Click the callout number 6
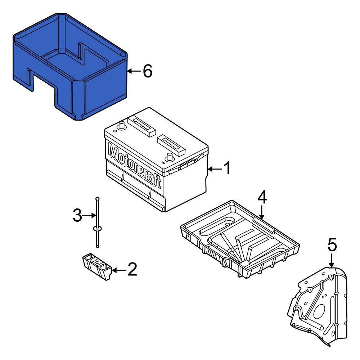click(x=147, y=71)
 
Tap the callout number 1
click(x=227, y=168)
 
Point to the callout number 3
click(x=77, y=215)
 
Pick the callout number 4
click(x=262, y=197)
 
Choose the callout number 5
click(x=332, y=245)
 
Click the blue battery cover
click(x=70, y=67)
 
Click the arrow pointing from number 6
click(x=134, y=71)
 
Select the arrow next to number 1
click(x=215, y=170)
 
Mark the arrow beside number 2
click(x=119, y=270)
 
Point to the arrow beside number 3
click(x=89, y=215)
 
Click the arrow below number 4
click(x=262, y=212)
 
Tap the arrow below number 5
click(x=331, y=260)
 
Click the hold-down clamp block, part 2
click(x=97, y=266)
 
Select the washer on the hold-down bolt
click(x=97, y=229)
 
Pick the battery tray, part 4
click(x=240, y=239)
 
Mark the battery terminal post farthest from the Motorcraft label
click(x=170, y=157)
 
